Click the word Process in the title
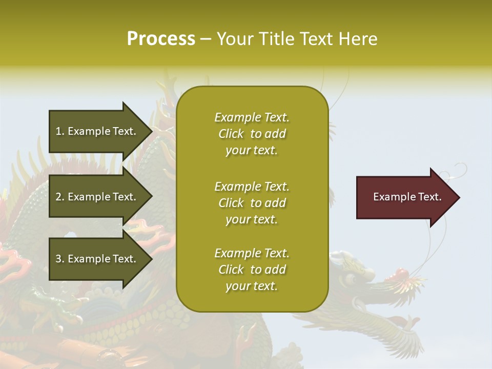click(161, 39)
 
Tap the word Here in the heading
click(357, 39)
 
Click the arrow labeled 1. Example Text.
click(97, 131)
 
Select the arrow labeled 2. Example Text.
click(97, 197)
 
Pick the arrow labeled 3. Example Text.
click(97, 259)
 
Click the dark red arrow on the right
click(405, 197)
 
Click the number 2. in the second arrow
click(60, 197)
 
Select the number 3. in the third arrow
click(60, 259)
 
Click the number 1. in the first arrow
click(60, 131)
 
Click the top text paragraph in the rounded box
click(252, 134)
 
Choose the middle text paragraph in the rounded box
click(252, 203)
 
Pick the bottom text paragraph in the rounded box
click(252, 270)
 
